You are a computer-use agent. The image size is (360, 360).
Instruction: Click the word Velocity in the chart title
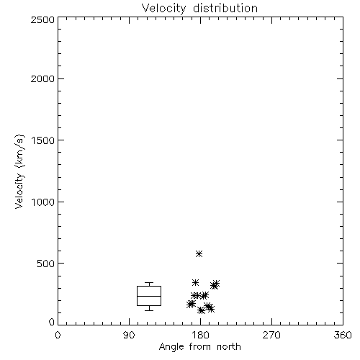(163, 9)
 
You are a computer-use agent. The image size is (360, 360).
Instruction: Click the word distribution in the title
(225, 8)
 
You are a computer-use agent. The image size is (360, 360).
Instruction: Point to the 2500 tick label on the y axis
(42, 19)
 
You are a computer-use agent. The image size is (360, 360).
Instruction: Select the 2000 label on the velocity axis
(42, 78)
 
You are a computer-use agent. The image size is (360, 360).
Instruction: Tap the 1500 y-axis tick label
(43, 140)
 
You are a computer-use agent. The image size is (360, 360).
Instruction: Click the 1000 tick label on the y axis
(43, 202)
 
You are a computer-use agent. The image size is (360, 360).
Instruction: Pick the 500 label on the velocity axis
(46, 264)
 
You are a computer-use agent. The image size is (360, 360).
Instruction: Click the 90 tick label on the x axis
(129, 335)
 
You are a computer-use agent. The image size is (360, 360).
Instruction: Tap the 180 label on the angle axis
(200, 335)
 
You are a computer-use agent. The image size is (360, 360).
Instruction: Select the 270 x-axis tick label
(271, 335)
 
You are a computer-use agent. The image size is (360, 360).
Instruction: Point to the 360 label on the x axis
(343, 335)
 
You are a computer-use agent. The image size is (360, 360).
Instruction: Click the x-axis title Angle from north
(200, 347)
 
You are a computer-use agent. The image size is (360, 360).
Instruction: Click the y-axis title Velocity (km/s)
(19, 171)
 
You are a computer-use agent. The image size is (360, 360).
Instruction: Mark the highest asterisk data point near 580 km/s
(199, 253)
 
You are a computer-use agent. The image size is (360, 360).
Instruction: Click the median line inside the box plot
(149, 296)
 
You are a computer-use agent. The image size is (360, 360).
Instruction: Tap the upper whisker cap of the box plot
(149, 283)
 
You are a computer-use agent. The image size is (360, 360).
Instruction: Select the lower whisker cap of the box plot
(149, 310)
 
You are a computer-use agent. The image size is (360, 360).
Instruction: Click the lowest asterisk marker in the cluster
(201, 310)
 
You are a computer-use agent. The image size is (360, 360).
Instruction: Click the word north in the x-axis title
(229, 347)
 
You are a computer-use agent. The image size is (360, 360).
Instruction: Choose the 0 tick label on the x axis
(58, 335)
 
